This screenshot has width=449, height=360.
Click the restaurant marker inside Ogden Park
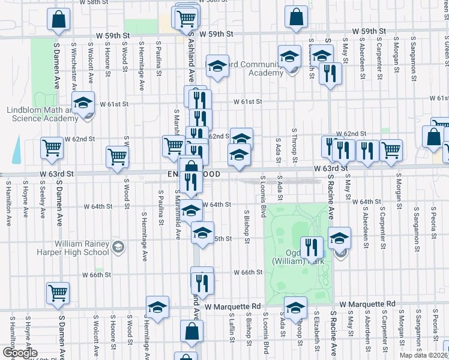[x=311, y=247]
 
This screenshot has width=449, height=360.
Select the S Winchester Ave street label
[x=74, y=63]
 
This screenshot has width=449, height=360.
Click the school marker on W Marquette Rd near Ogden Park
[x=295, y=309]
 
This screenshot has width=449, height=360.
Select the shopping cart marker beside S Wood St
[x=116, y=157]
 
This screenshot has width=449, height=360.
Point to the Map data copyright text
[x=423, y=355]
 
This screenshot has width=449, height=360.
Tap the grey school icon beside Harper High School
[x=119, y=246]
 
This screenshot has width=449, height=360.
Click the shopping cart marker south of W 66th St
[x=58, y=293]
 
